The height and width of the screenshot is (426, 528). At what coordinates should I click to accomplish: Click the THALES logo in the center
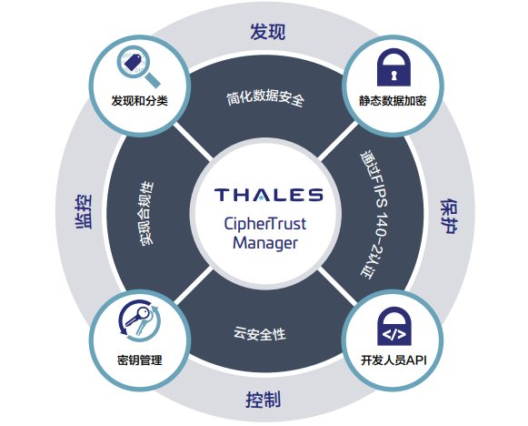coord(268,195)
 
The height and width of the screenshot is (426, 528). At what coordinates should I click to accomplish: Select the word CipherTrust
coord(265,224)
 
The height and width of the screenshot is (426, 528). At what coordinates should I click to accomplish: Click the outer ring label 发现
coord(268,32)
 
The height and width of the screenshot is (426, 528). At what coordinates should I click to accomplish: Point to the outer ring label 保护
coord(450,217)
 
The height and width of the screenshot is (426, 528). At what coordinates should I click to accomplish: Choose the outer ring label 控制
coord(263,400)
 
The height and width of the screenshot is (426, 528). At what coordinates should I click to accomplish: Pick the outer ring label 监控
coord(83,212)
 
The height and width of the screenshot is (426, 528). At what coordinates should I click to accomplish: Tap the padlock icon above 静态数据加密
coord(394,67)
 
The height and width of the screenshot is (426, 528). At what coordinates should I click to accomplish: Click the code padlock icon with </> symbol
coord(394,326)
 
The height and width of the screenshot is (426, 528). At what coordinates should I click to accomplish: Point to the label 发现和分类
coord(139,100)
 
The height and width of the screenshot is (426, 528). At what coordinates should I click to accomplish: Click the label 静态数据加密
coord(393,101)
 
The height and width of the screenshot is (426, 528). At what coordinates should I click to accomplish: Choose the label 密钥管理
coord(140,360)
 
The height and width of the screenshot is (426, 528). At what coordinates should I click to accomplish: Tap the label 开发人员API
coord(394,360)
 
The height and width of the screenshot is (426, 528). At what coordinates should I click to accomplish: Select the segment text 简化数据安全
coord(265,97)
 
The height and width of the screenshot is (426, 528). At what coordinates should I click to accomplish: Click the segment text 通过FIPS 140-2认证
coord(374,216)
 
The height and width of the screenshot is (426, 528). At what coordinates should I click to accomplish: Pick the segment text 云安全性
coord(260,334)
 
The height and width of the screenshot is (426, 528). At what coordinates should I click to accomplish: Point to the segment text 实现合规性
coord(147,213)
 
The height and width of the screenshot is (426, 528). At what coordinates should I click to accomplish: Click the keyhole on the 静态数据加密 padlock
coord(394,75)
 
